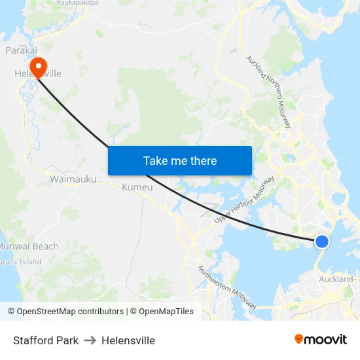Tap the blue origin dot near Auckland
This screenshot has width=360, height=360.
(321, 242)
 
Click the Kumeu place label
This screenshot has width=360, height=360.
(137, 188)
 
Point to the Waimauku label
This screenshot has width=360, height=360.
(73, 178)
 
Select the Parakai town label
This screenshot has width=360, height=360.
(20, 50)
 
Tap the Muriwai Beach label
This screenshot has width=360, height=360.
(29, 246)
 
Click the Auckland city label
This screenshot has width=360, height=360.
(336, 279)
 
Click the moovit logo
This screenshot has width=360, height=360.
(320, 340)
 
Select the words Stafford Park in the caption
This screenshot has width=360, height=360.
(46, 340)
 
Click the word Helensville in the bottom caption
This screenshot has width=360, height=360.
(128, 340)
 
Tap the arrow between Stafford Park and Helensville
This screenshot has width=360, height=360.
(90, 340)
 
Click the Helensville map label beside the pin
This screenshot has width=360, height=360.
(39, 74)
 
